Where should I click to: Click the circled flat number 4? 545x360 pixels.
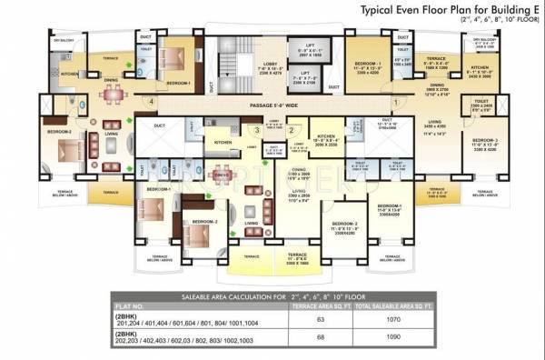coord(150,102)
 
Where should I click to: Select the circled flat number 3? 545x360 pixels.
coord(258,129)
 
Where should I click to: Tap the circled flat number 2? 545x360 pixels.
coord(291,129)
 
